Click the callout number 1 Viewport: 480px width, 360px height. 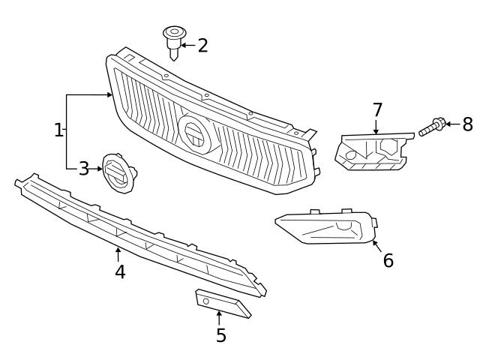59,130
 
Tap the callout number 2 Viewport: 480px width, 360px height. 202,46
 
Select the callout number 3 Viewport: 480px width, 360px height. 83,169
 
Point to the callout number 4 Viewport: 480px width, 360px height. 120,271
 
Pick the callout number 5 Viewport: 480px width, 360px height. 220,335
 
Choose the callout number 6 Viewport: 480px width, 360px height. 388,260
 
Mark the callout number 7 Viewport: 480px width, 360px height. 377,110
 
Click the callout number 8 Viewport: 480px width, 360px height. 467,124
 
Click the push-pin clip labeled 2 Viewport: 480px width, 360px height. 173,40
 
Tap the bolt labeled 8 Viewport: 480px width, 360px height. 433,127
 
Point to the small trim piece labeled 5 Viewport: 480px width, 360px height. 223,303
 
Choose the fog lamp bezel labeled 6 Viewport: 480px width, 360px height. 326,227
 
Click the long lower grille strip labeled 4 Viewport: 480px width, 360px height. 135,233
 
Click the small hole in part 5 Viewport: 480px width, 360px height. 205,301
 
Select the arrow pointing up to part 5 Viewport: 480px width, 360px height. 219,317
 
